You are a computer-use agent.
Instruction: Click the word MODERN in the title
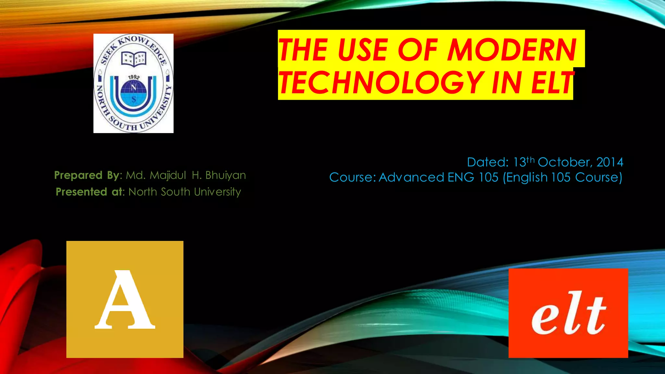tap(512, 50)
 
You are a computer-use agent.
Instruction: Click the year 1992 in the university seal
tap(134, 77)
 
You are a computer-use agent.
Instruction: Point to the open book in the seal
tap(134, 59)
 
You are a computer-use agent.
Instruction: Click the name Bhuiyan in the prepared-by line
tap(226, 175)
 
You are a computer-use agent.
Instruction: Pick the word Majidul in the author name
tap(168, 175)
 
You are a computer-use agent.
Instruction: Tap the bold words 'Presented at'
tap(89, 192)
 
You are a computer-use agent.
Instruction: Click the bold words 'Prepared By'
tap(87, 175)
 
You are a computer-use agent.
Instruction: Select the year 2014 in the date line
tap(610, 162)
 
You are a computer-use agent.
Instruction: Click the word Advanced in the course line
tap(411, 177)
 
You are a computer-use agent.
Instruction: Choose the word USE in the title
tap(363, 50)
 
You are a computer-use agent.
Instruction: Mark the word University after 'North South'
tap(217, 192)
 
